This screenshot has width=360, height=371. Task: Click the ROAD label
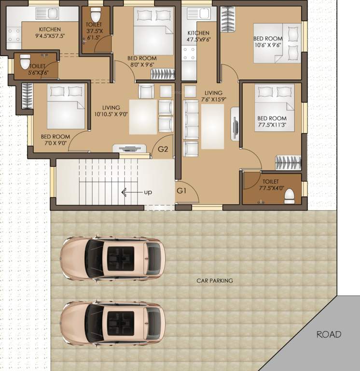pyautogui.click(x=329, y=334)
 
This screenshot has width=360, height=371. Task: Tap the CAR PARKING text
pyautogui.click(x=214, y=281)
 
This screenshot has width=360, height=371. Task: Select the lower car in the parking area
pyautogui.click(x=112, y=322)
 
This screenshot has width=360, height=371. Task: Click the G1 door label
pyautogui.click(x=181, y=191)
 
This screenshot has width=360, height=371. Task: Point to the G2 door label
pyautogui.click(x=163, y=149)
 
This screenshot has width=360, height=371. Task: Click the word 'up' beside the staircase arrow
pyautogui.click(x=148, y=192)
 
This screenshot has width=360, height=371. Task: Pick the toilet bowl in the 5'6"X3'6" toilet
pyautogui.click(x=23, y=62)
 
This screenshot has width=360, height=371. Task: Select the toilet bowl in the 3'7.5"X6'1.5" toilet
pyautogui.click(x=95, y=12)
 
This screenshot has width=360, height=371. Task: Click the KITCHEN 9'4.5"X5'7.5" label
pyautogui.click(x=50, y=32)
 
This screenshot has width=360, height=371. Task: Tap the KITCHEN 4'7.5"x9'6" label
pyautogui.click(x=199, y=37)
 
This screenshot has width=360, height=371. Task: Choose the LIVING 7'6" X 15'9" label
pyautogui.click(x=213, y=96)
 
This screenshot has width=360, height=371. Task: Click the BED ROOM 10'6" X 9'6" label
pyautogui.click(x=270, y=42)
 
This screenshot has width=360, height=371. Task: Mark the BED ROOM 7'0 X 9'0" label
pyautogui.click(x=55, y=140)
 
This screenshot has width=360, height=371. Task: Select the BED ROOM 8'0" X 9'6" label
pyautogui.click(x=142, y=61)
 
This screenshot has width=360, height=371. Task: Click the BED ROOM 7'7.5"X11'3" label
pyautogui.click(x=272, y=122)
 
